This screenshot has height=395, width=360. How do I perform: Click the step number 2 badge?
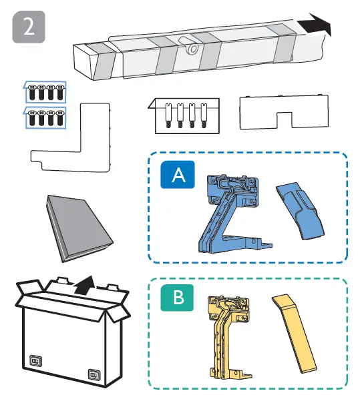point(29,28)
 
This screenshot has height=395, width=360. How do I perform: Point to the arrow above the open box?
point(83,286)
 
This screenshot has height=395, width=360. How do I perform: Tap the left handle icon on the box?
point(35,363)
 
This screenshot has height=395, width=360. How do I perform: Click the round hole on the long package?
point(192,49)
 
